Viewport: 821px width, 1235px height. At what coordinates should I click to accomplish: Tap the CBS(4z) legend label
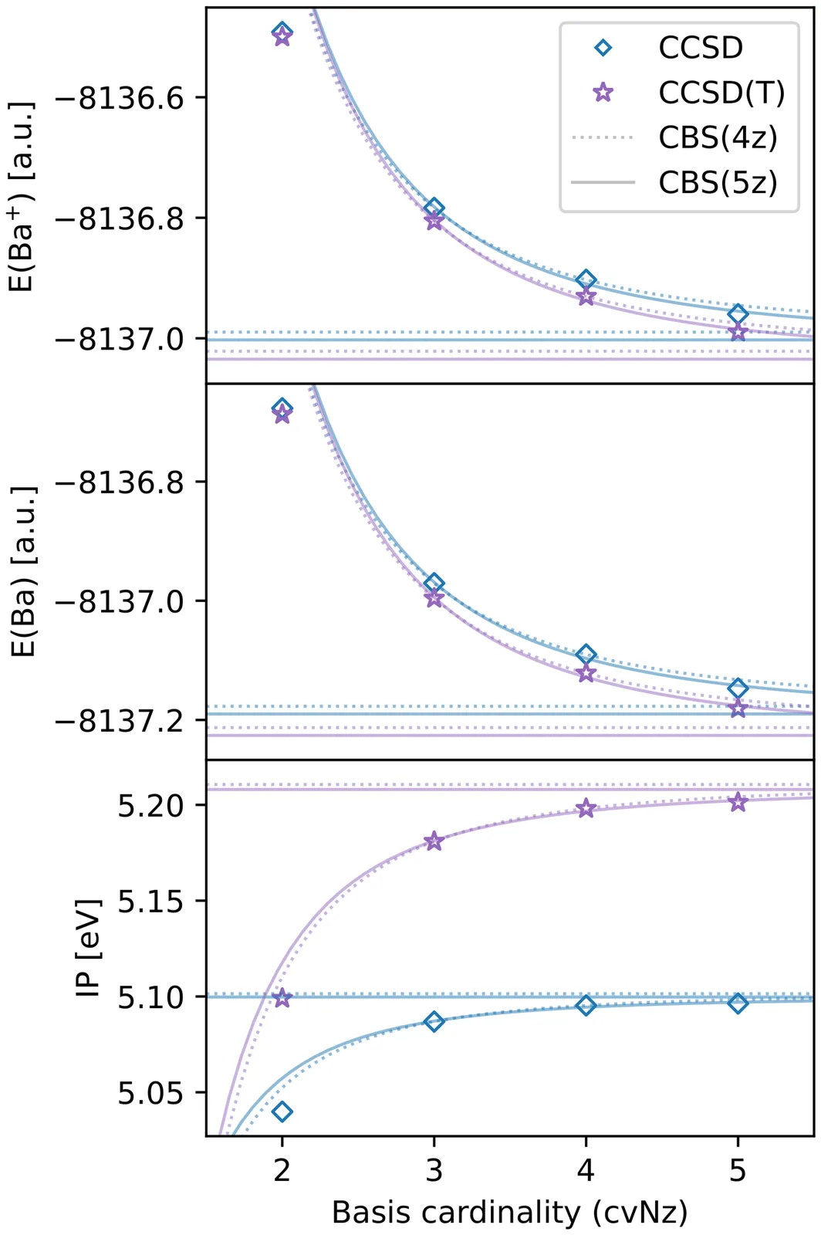(x=718, y=137)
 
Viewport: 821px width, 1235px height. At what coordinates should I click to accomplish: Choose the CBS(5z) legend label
(x=718, y=183)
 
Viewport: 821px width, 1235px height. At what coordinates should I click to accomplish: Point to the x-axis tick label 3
(x=434, y=1170)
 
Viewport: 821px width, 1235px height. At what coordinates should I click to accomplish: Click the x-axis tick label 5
(x=738, y=1170)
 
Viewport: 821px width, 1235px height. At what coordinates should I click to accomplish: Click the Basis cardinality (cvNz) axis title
(x=509, y=1213)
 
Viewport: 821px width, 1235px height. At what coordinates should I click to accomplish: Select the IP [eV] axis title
(x=89, y=948)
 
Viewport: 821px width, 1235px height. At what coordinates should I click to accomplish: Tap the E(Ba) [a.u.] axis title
(x=23, y=571)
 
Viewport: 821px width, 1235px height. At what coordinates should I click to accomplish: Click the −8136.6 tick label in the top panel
(x=120, y=98)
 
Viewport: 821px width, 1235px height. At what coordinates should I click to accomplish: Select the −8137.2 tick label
(x=120, y=721)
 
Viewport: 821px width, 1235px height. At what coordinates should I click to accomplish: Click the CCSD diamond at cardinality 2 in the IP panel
(x=282, y=1111)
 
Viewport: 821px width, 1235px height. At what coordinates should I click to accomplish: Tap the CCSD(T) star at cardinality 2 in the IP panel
(x=282, y=998)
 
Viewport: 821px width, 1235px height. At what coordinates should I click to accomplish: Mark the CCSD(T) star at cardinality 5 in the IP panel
(x=738, y=802)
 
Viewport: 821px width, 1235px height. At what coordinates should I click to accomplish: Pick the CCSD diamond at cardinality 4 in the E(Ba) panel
(x=586, y=655)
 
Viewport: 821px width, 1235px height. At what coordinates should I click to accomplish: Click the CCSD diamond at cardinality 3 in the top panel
(x=434, y=208)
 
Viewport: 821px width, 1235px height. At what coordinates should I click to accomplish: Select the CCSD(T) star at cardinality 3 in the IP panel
(x=434, y=841)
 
